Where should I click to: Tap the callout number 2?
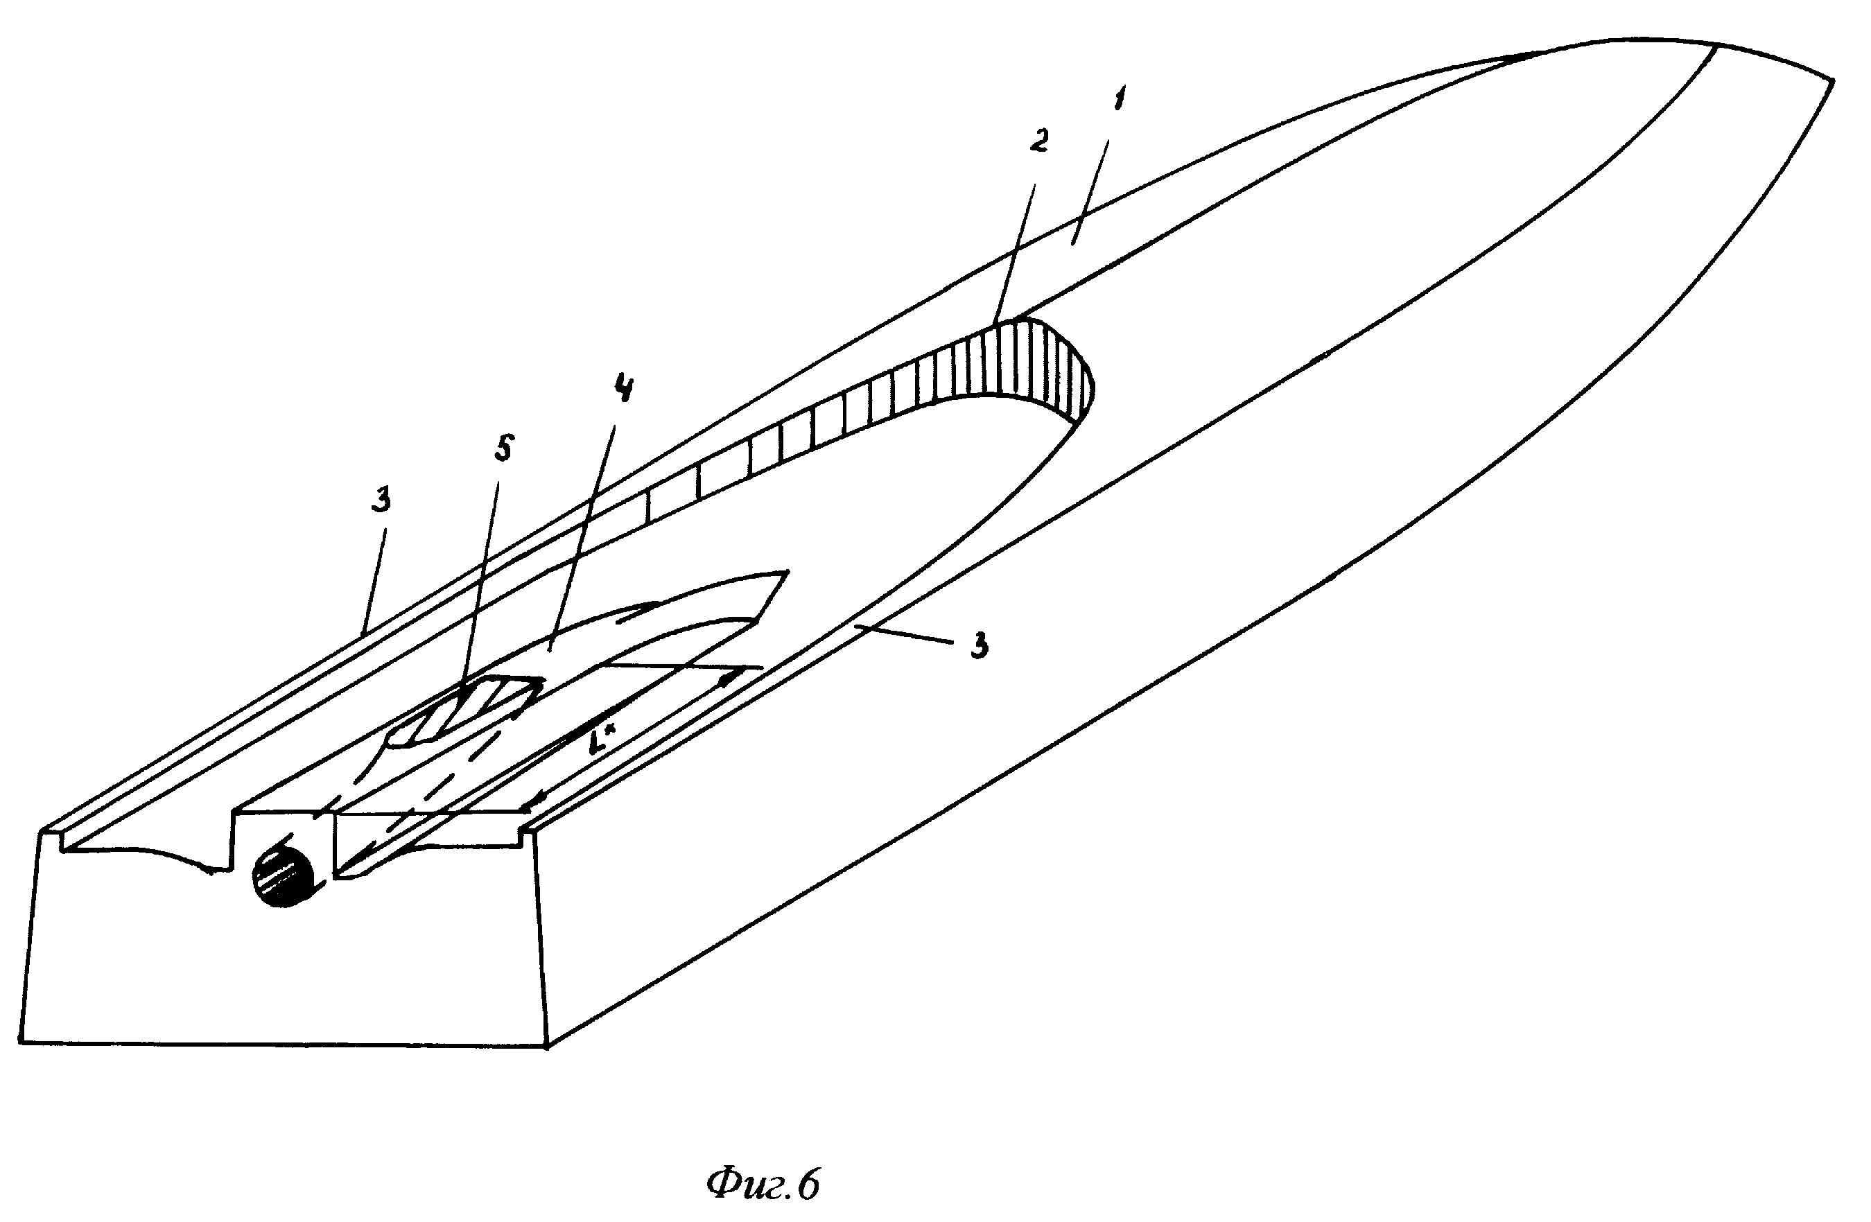tap(1039, 141)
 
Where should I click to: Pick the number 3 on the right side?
tap(978, 646)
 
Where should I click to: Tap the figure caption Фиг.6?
tap(763, 1185)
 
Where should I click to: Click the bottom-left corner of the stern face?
tap(19, 1042)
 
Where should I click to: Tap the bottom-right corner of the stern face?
tap(548, 1045)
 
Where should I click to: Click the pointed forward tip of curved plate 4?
tap(785, 572)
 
